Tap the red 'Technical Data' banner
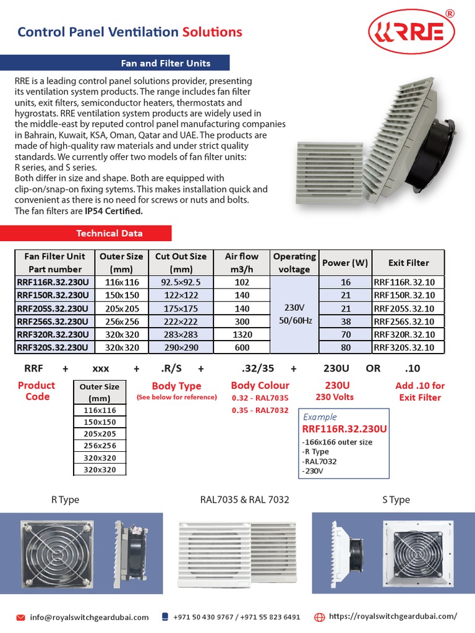[x=109, y=233]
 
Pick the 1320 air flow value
[x=242, y=334]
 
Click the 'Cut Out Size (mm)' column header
[x=181, y=263]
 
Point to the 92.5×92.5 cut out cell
[x=181, y=283]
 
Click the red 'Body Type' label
[x=176, y=386]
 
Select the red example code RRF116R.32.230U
[x=344, y=429]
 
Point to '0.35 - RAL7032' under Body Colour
[x=260, y=410]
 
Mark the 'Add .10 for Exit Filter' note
[x=420, y=391]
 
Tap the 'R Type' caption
[x=65, y=499]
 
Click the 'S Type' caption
[x=396, y=499]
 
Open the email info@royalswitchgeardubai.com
[x=89, y=617]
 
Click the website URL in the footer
[x=393, y=616]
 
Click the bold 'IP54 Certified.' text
[x=114, y=211]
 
